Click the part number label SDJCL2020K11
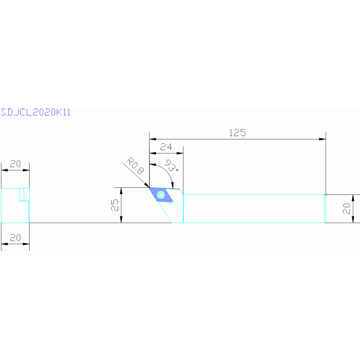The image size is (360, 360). (36, 113)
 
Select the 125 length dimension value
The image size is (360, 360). (237, 133)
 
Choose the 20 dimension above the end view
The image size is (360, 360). (15, 164)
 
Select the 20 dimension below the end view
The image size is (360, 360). (15, 238)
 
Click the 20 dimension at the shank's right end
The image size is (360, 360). (347, 208)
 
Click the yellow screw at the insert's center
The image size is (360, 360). (161, 194)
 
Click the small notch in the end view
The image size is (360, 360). (22, 194)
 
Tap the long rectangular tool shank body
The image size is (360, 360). (253, 208)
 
